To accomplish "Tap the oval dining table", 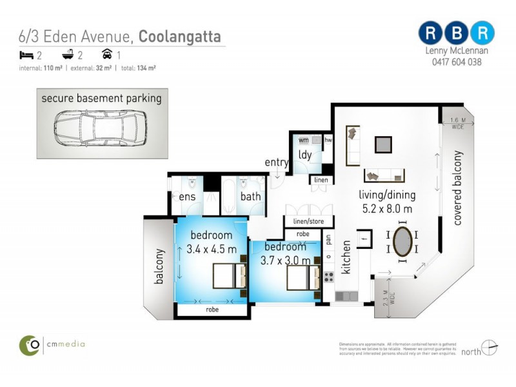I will (x=404, y=241).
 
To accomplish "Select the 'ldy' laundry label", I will (x=305, y=155).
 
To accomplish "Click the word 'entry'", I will (x=277, y=163).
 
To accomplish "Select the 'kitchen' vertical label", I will (x=346, y=256).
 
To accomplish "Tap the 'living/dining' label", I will (x=387, y=195).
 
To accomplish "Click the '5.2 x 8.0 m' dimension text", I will (x=387, y=208).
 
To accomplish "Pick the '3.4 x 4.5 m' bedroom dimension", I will (x=212, y=248).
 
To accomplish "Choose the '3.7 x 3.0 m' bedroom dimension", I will (x=286, y=261).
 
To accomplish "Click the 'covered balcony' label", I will (x=458, y=188).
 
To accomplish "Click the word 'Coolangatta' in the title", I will (x=182, y=37).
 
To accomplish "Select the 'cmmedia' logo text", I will (x=65, y=344).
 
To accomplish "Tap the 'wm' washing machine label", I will (x=303, y=139).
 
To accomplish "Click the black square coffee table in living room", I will (x=383, y=143).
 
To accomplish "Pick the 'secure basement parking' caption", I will (x=101, y=99).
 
